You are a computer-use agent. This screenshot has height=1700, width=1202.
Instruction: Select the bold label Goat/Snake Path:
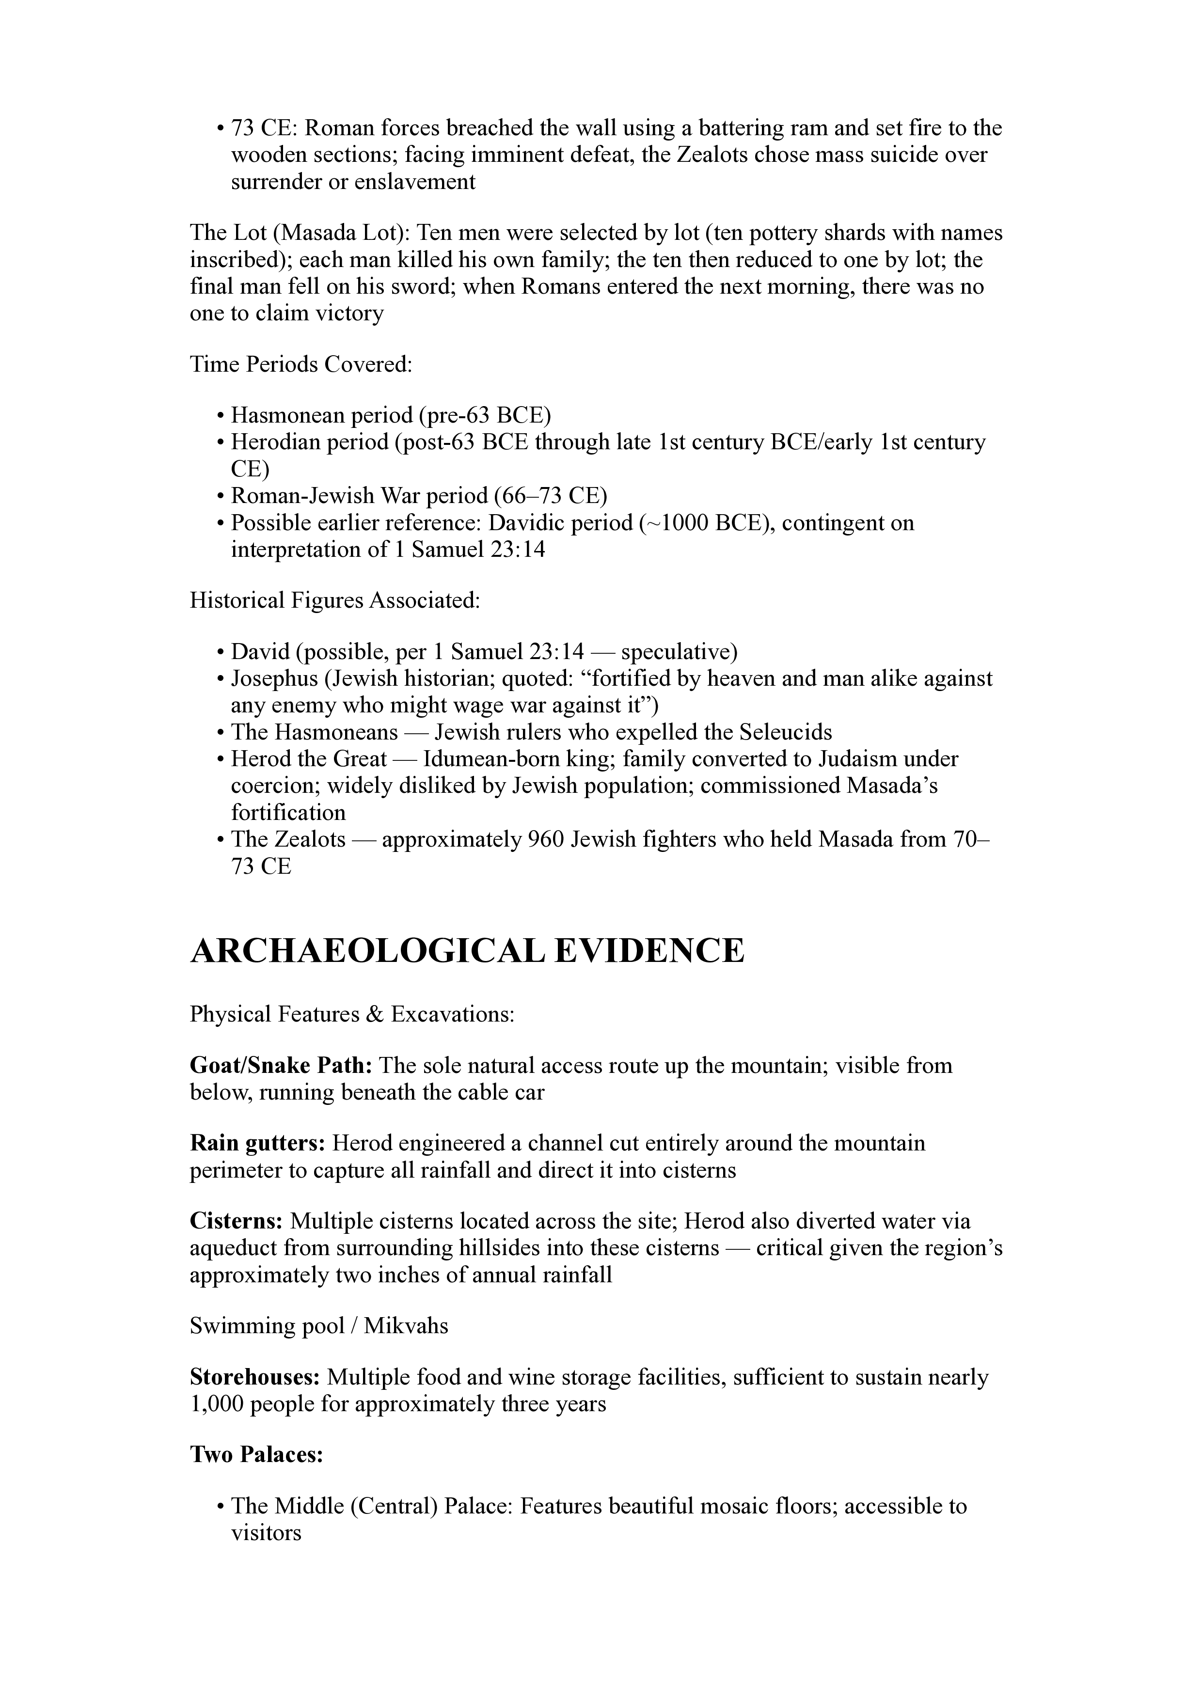point(282,1066)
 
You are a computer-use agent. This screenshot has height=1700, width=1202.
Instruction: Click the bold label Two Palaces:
point(256,1455)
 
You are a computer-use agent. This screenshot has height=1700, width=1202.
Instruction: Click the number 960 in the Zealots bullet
point(546,840)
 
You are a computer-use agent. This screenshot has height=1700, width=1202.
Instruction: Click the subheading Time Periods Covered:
point(300,364)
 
